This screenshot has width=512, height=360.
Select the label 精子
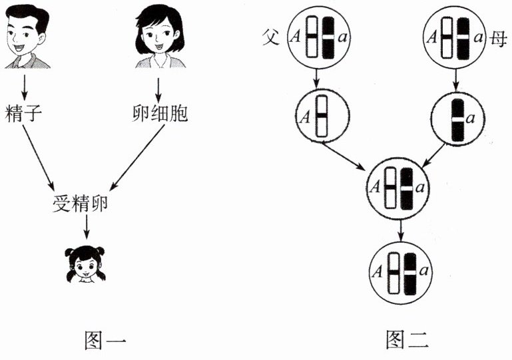click(x=24, y=114)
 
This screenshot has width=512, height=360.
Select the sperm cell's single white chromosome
click(x=321, y=117)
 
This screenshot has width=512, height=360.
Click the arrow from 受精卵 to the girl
click(x=87, y=228)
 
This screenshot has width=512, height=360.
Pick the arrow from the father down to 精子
click(x=25, y=85)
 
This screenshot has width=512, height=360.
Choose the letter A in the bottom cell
click(x=378, y=271)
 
